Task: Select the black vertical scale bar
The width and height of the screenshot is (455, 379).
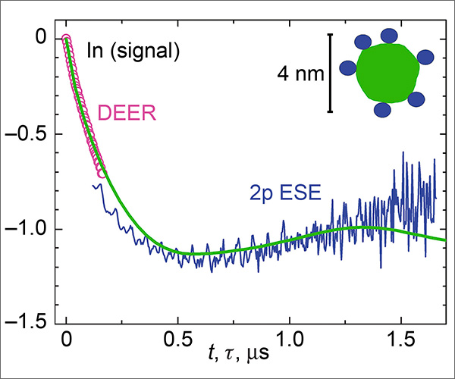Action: tap(331, 73)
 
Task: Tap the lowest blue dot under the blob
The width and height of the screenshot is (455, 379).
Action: tap(384, 110)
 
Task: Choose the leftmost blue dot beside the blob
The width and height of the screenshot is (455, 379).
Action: tap(347, 68)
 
